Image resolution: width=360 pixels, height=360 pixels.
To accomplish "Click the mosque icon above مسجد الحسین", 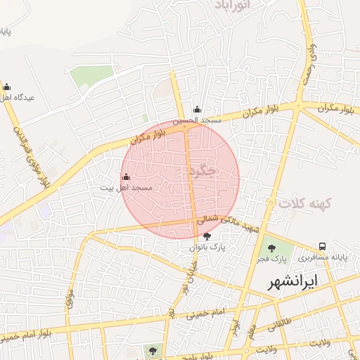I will coord(198,110).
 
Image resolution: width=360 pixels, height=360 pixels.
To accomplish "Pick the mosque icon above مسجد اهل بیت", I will coord(126,176).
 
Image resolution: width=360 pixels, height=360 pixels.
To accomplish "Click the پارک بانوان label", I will coord(205,247).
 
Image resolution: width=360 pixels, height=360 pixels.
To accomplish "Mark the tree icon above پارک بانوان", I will coord(206,236).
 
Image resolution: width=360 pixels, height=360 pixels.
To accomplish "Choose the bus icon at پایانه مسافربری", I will coord(322,246).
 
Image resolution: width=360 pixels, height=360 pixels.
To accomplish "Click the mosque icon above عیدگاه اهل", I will coord(7,86).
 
